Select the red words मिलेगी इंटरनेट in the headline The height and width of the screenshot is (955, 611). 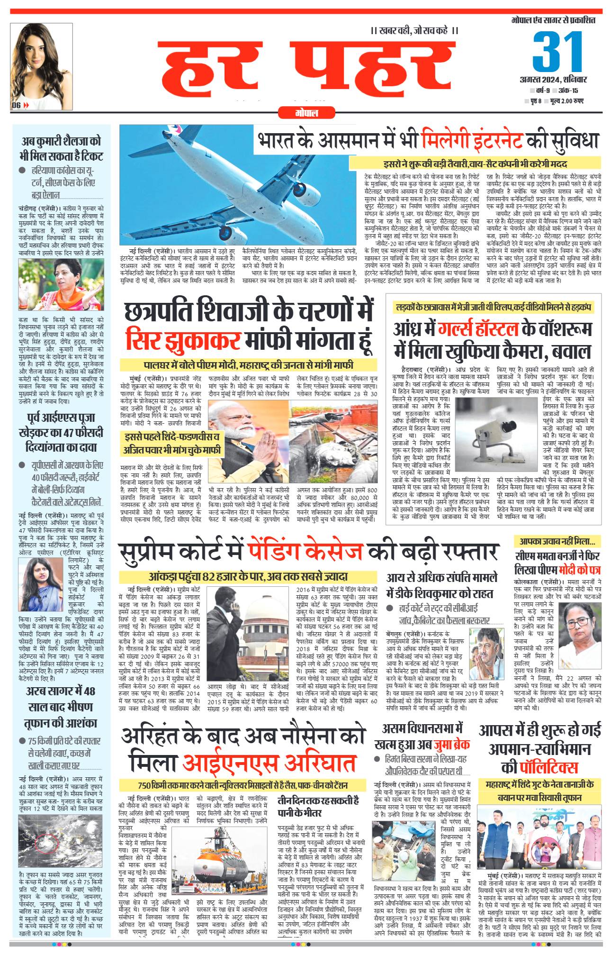pos(472,140)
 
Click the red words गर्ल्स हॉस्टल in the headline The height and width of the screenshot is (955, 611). pos(479,329)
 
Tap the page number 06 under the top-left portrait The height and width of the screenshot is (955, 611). pos(16,106)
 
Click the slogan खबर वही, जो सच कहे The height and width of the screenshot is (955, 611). pos(414,31)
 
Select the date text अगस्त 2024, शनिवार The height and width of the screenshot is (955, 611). pos(553,79)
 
